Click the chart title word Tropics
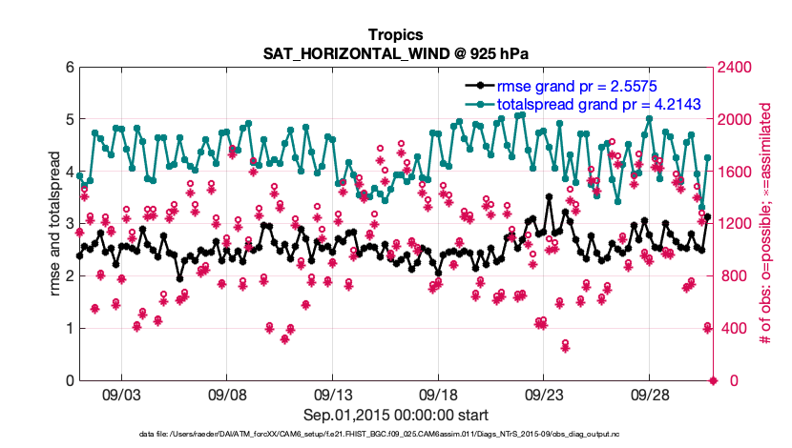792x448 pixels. (x=395, y=35)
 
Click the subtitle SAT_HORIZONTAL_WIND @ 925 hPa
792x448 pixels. (x=395, y=53)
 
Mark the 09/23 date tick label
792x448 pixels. (x=544, y=394)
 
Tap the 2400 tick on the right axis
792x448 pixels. (x=737, y=68)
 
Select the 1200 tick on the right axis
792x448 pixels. (x=737, y=224)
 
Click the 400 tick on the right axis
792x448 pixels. (x=733, y=329)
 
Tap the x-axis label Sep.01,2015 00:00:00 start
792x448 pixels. (x=395, y=415)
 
